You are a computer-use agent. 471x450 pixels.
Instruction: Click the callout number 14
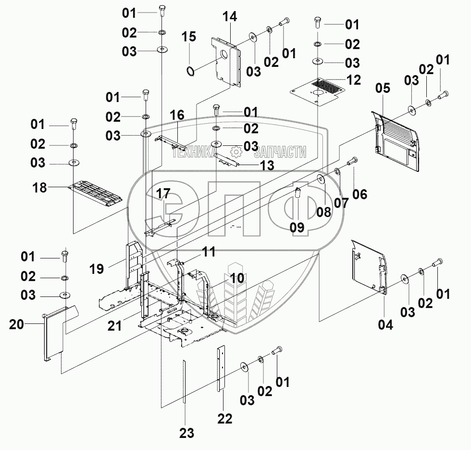[x=230, y=16]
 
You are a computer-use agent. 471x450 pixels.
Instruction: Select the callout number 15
[x=189, y=37]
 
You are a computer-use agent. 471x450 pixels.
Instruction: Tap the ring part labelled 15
[x=191, y=72]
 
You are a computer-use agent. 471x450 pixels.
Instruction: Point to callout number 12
[x=353, y=80]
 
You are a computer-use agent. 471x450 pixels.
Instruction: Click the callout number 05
[x=383, y=89]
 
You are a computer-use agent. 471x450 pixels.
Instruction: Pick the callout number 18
[x=40, y=187]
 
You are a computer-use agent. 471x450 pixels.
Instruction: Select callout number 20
[x=16, y=325]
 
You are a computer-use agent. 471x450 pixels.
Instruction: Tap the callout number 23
[x=186, y=433]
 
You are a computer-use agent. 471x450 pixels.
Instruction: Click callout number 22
[x=224, y=418]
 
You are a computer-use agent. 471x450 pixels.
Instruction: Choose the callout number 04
[x=385, y=325]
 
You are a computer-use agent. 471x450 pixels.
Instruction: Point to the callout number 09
[x=297, y=227]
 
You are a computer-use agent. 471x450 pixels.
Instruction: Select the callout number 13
[x=267, y=166]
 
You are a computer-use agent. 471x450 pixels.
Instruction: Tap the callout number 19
[x=97, y=269]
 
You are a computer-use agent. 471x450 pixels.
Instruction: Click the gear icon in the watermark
[x=235, y=152]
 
